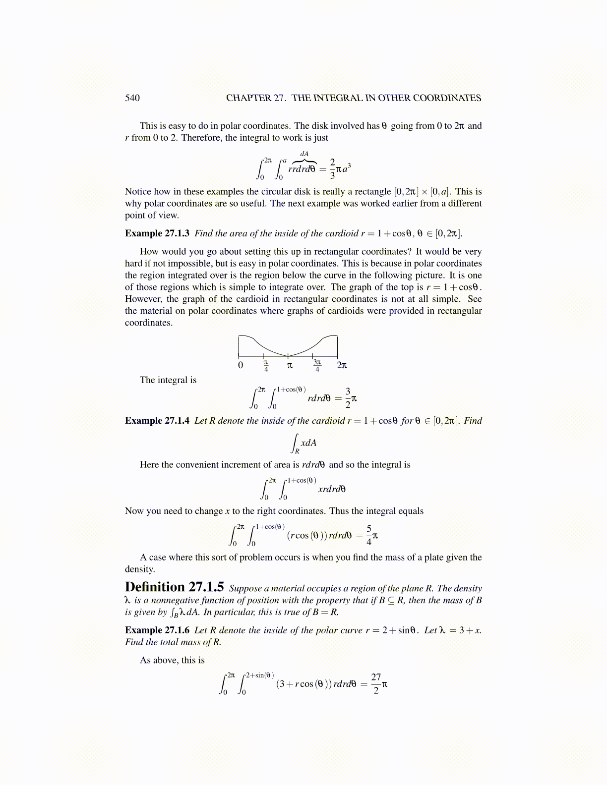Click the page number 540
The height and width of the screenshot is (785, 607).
(132, 98)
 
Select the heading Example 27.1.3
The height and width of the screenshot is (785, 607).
(157, 233)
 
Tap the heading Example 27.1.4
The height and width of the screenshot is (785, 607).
(157, 421)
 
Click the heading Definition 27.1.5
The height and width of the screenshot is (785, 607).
(174, 587)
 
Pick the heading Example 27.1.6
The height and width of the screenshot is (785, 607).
(157, 630)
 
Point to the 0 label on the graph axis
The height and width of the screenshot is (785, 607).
(241, 366)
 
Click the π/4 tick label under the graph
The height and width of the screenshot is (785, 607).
(266, 366)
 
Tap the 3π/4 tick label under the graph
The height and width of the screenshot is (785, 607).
(317, 366)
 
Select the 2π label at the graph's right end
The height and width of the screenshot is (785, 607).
(342, 366)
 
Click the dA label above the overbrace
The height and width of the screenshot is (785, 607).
(304, 154)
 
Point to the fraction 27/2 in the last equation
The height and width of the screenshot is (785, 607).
(376, 683)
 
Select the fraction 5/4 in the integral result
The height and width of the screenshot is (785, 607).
(369, 535)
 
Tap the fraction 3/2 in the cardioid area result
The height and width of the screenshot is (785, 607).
(348, 398)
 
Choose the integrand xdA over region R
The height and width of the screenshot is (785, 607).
(308, 443)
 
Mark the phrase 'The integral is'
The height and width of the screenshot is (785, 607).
(168, 380)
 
